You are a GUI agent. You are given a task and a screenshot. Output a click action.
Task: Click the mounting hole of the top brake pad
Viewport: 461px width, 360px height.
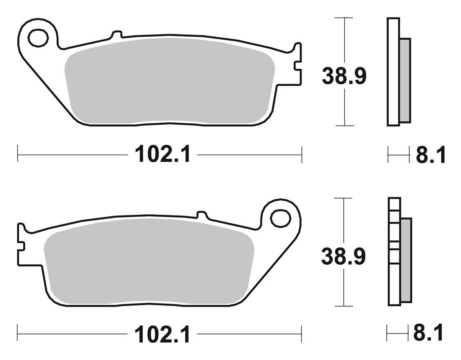point(38,38)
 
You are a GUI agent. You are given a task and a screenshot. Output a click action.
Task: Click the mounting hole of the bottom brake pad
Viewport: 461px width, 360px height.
point(281,218)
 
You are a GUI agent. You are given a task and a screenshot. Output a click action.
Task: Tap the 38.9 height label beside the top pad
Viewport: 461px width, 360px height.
point(344,76)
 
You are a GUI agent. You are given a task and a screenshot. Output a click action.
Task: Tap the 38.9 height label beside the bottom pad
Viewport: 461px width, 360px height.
point(344,256)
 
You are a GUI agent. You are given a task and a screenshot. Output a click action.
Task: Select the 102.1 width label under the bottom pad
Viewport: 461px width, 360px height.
point(162,334)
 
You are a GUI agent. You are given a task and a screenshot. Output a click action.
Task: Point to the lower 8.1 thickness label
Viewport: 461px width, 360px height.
point(428,333)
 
